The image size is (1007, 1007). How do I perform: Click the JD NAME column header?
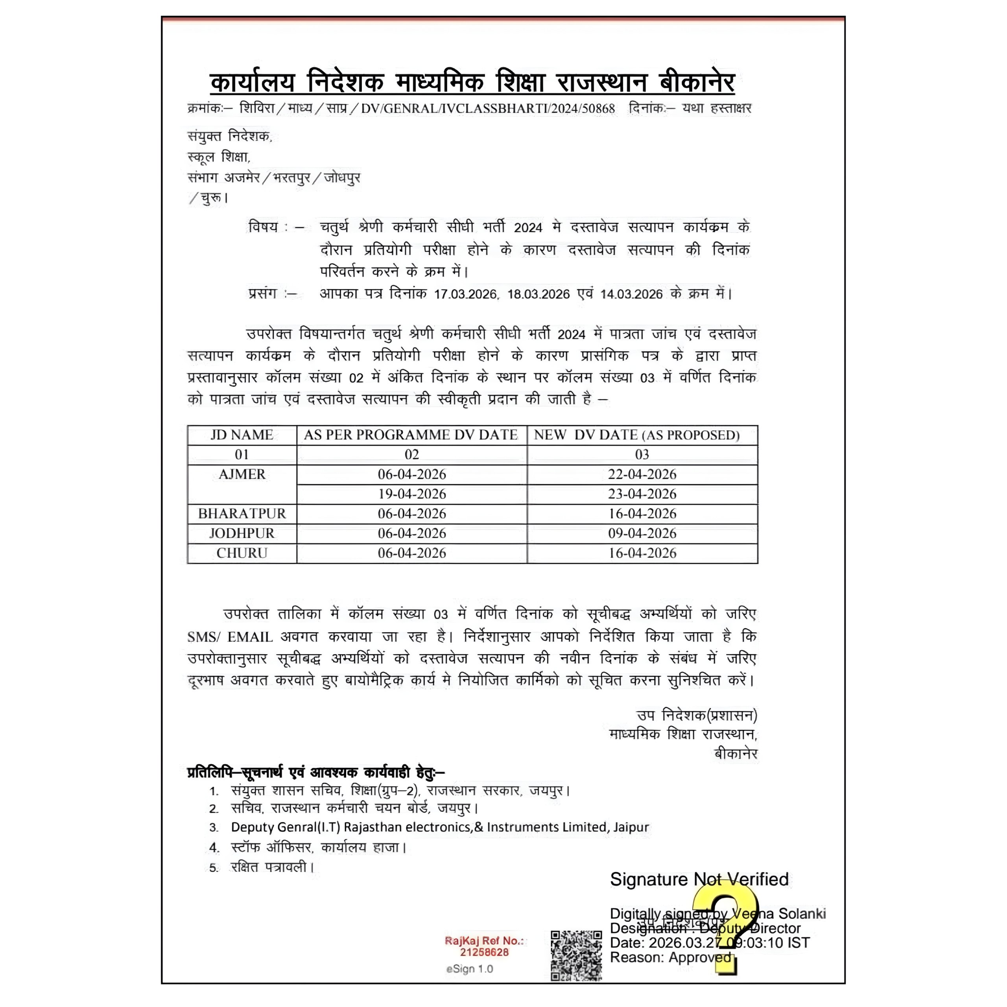[x=242, y=435]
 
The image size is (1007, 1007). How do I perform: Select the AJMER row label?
[x=242, y=474]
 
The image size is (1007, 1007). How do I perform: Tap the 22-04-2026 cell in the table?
[x=642, y=474]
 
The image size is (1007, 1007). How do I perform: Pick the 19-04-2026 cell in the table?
[x=412, y=494]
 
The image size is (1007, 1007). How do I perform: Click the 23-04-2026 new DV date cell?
[x=642, y=494]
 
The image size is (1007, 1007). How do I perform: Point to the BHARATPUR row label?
[x=242, y=513]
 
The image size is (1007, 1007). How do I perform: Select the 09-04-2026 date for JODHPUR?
[x=642, y=533]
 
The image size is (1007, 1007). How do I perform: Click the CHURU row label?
[x=242, y=553]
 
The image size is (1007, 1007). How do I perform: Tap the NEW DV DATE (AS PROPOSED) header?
[x=636, y=435]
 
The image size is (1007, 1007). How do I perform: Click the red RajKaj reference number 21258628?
[x=484, y=952]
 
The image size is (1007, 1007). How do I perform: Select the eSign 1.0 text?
[x=469, y=969]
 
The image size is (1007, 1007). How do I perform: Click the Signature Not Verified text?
[x=699, y=879]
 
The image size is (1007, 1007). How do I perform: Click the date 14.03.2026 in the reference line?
[x=632, y=294]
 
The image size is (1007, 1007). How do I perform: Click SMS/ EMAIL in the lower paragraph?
[x=230, y=636]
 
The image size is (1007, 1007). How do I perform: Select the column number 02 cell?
[x=412, y=454]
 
